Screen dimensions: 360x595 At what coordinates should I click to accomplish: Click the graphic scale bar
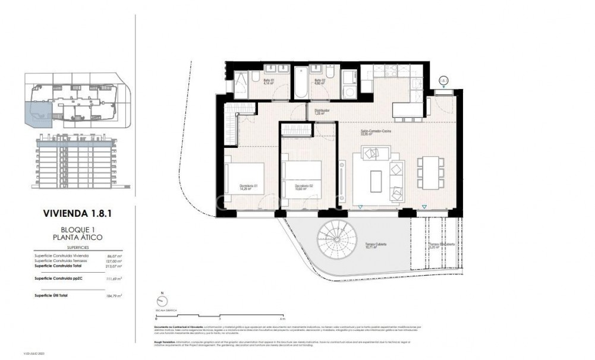[220, 315]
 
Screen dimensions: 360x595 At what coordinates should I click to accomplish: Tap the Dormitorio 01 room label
[248, 186]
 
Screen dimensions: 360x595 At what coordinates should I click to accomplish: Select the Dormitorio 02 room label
[305, 186]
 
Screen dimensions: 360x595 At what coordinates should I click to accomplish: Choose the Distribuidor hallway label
[322, 111]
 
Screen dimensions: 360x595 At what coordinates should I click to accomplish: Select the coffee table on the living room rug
[376, 181]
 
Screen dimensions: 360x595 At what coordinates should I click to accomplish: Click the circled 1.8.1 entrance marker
[443, 80]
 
